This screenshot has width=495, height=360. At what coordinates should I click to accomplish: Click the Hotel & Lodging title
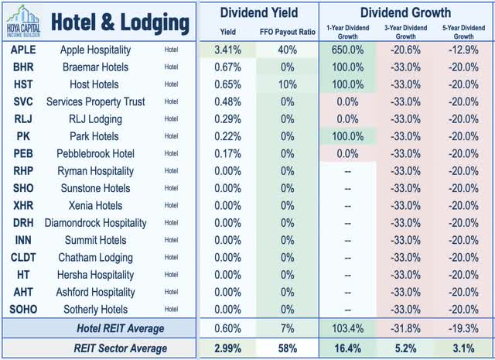[x=119, y=22]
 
